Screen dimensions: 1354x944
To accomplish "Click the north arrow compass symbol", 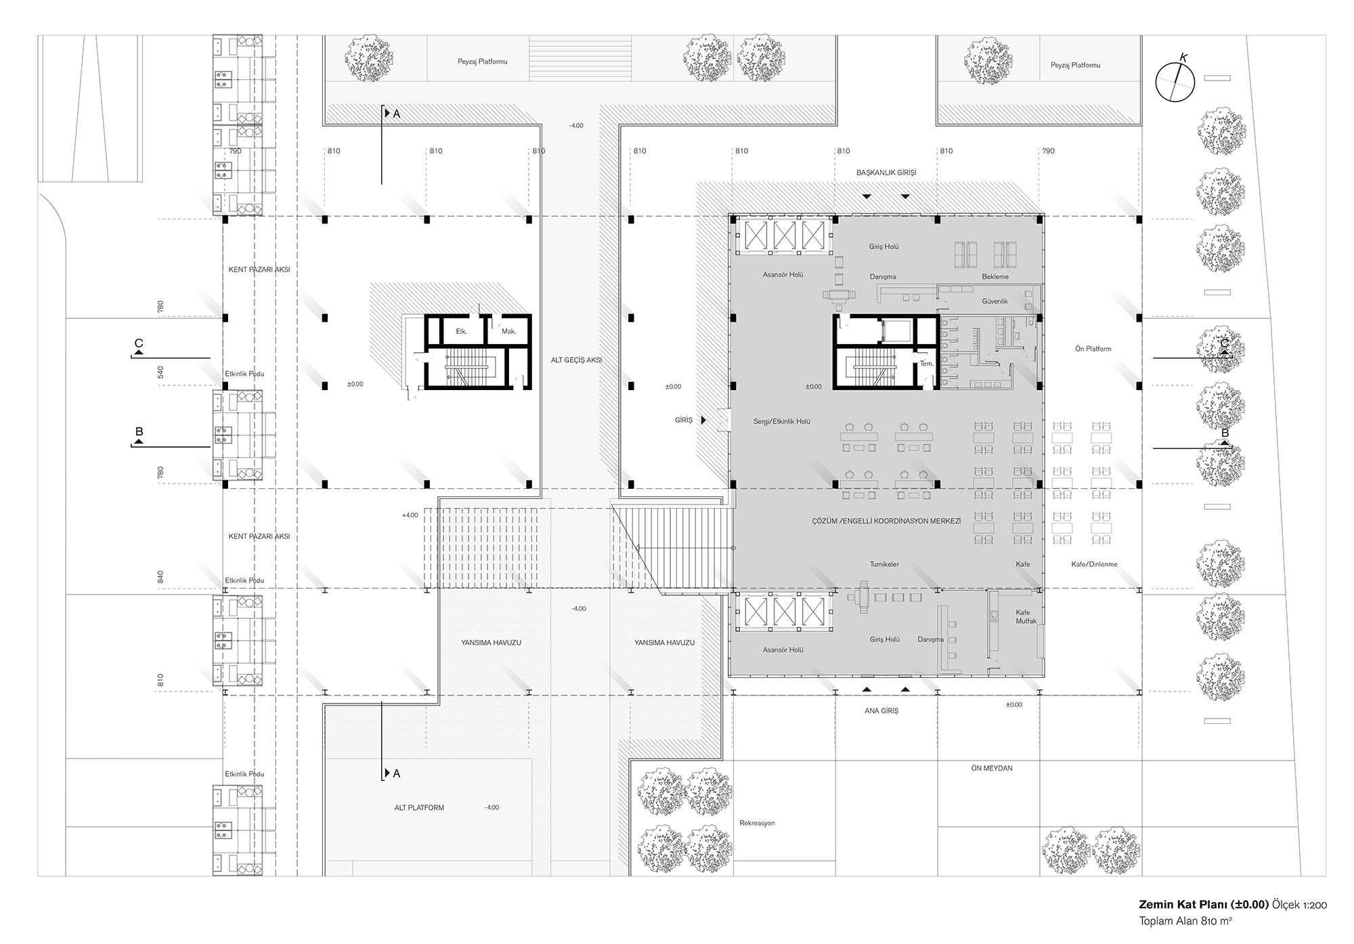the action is coord(1175,83).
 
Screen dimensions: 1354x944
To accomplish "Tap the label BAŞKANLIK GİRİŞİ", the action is coord(886,173).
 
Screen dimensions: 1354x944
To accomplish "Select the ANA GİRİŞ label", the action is coord(881,711).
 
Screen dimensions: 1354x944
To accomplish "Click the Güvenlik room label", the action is coord(995,301).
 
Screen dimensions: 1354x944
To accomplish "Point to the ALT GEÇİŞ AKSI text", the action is coord(576,360).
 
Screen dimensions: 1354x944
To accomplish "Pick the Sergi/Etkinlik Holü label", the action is coord(782,421).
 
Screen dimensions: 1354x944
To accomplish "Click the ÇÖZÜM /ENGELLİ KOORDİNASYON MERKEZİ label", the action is coord(886,521).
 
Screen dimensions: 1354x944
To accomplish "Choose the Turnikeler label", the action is coord(884,564).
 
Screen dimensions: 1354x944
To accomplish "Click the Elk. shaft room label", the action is coord(461,331).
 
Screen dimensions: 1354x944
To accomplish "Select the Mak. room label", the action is coord(508,331).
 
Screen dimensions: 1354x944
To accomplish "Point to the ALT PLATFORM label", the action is coord(419,808).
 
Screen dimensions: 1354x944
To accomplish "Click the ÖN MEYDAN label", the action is coord(992,769).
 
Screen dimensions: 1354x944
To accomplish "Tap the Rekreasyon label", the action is coord(757,823).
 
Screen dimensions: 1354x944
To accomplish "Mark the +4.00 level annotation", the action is coord(410,515).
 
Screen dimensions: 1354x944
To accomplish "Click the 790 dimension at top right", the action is coord(1048,151).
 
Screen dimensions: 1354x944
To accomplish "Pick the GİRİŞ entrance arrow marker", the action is coord(703,421).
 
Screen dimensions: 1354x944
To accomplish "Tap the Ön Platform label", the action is coord(1093,349).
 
